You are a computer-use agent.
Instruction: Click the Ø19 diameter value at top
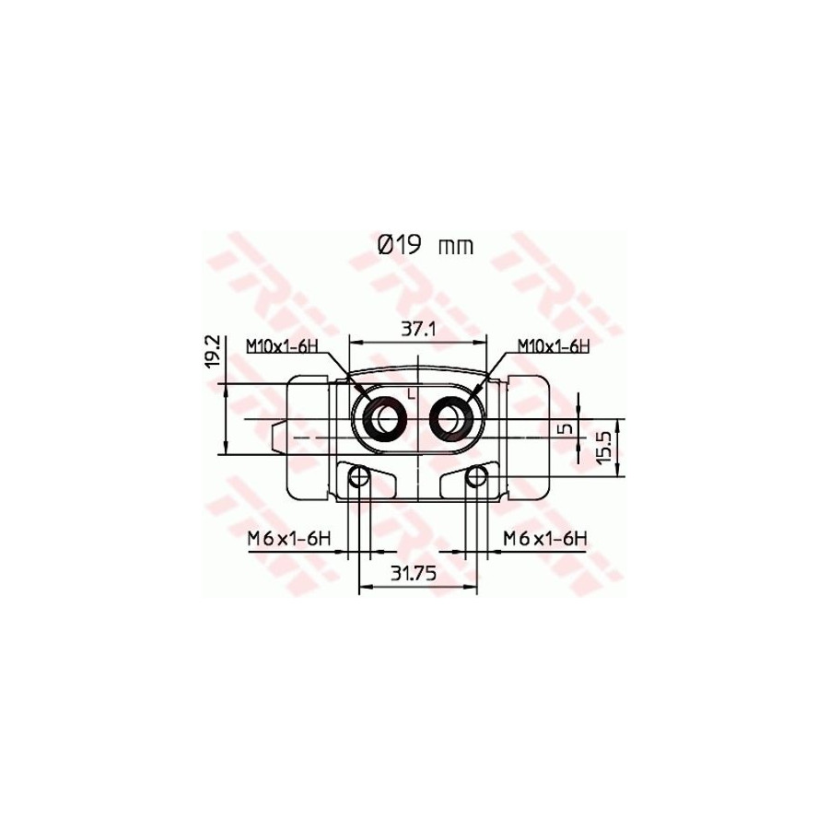coord(399,246)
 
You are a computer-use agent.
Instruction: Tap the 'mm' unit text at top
coord(456,248)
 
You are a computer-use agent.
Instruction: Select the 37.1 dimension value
coord(417,330)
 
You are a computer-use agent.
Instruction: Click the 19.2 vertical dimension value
coord(213,352)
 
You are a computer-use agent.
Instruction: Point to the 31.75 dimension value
coord(414,573)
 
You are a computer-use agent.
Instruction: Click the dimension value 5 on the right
coord(566,427)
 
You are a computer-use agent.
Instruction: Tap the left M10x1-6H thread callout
coord(282,346)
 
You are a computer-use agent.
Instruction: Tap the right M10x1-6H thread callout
coord(553,346)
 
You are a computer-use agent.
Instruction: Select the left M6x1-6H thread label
coord(289,539)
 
